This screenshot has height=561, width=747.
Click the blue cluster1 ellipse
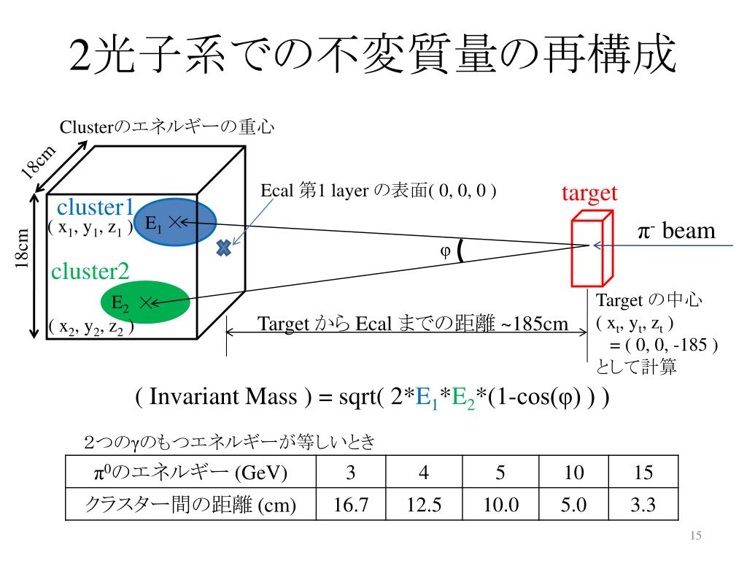point(175,221)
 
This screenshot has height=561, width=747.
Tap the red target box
point(589,249)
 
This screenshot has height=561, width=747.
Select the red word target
point(589,193)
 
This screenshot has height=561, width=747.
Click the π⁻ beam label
point(676,232)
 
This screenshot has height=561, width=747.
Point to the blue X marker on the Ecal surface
point(224,248)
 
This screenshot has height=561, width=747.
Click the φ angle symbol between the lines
point(444,251)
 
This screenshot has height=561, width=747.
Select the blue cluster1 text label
point(96,207)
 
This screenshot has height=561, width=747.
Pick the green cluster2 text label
point(90,272)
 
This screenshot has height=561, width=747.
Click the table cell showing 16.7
point(351,505)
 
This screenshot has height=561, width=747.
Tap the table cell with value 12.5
point(424,505)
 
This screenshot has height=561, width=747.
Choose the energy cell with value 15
point(643,473)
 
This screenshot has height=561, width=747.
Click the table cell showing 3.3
point(643,505)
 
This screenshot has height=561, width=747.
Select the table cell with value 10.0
point(500,505)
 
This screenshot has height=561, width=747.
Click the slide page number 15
point(695,537)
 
